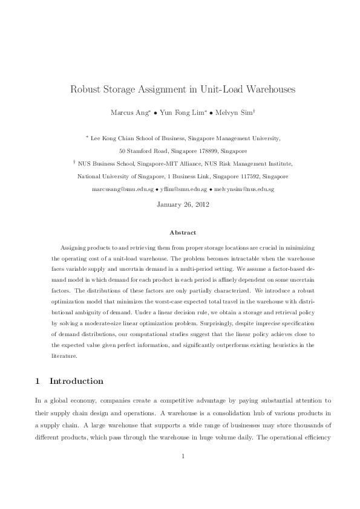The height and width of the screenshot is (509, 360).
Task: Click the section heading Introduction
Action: pyautogui.click(x=76, y=381)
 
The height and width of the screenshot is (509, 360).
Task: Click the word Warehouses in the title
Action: pyautogui.click(x=266, y=90)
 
